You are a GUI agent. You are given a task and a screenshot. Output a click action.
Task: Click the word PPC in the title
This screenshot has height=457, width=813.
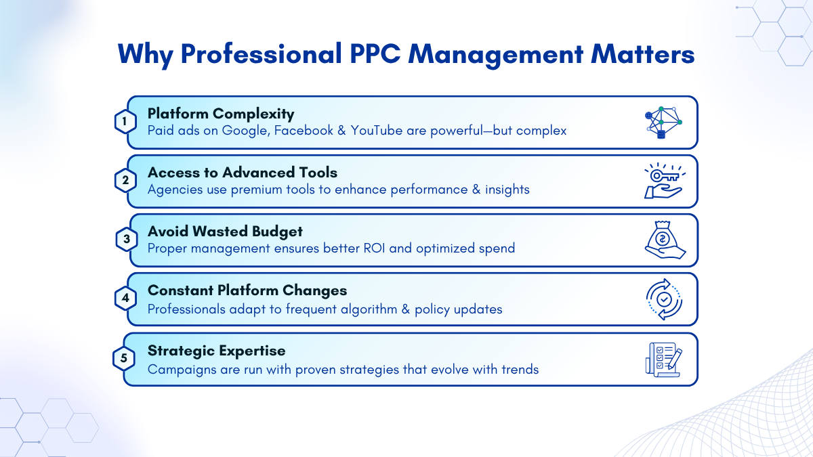click(x=375, y=54)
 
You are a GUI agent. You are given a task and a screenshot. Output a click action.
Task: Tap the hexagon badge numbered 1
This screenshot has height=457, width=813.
click(x=125, y=121)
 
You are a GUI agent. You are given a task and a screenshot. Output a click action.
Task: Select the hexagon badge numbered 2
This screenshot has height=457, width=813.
click(x=125, y=180)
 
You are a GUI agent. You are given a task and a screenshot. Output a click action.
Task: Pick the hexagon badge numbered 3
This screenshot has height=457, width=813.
click(x=127, y=240)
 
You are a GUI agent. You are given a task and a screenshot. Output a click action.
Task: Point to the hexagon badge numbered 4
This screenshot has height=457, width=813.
click(x=125, y=298)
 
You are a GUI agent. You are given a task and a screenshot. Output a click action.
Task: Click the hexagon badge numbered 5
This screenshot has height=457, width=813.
click(x=124, y=358)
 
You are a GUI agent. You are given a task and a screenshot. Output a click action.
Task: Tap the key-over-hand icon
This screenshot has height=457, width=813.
click(x=664, y=181)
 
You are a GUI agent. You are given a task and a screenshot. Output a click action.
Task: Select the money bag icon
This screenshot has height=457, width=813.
click(x=665, y=240)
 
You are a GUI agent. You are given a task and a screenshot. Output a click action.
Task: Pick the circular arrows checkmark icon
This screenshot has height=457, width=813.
click(x=664, y=299)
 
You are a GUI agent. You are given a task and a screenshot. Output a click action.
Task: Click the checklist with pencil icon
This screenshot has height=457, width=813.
click(x=664, y=360)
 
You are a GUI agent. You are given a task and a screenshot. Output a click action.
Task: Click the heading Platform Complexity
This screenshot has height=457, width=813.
click(x=221, y=114)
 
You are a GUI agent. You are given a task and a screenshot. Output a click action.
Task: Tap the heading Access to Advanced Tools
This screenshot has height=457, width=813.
click(x=243, y=173)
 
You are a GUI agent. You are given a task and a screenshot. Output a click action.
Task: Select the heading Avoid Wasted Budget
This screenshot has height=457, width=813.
click(x=225, y=232)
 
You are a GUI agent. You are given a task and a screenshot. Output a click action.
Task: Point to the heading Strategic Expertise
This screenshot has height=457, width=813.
click(x=216, y=351)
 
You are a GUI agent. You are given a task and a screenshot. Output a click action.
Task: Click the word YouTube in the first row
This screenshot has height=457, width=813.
click(x=377, y=130)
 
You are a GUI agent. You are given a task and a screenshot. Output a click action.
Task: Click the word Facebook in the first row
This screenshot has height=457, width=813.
click(x=304, y=130)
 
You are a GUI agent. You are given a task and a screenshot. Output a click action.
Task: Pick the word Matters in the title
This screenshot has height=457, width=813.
click(x=642, y=54)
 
